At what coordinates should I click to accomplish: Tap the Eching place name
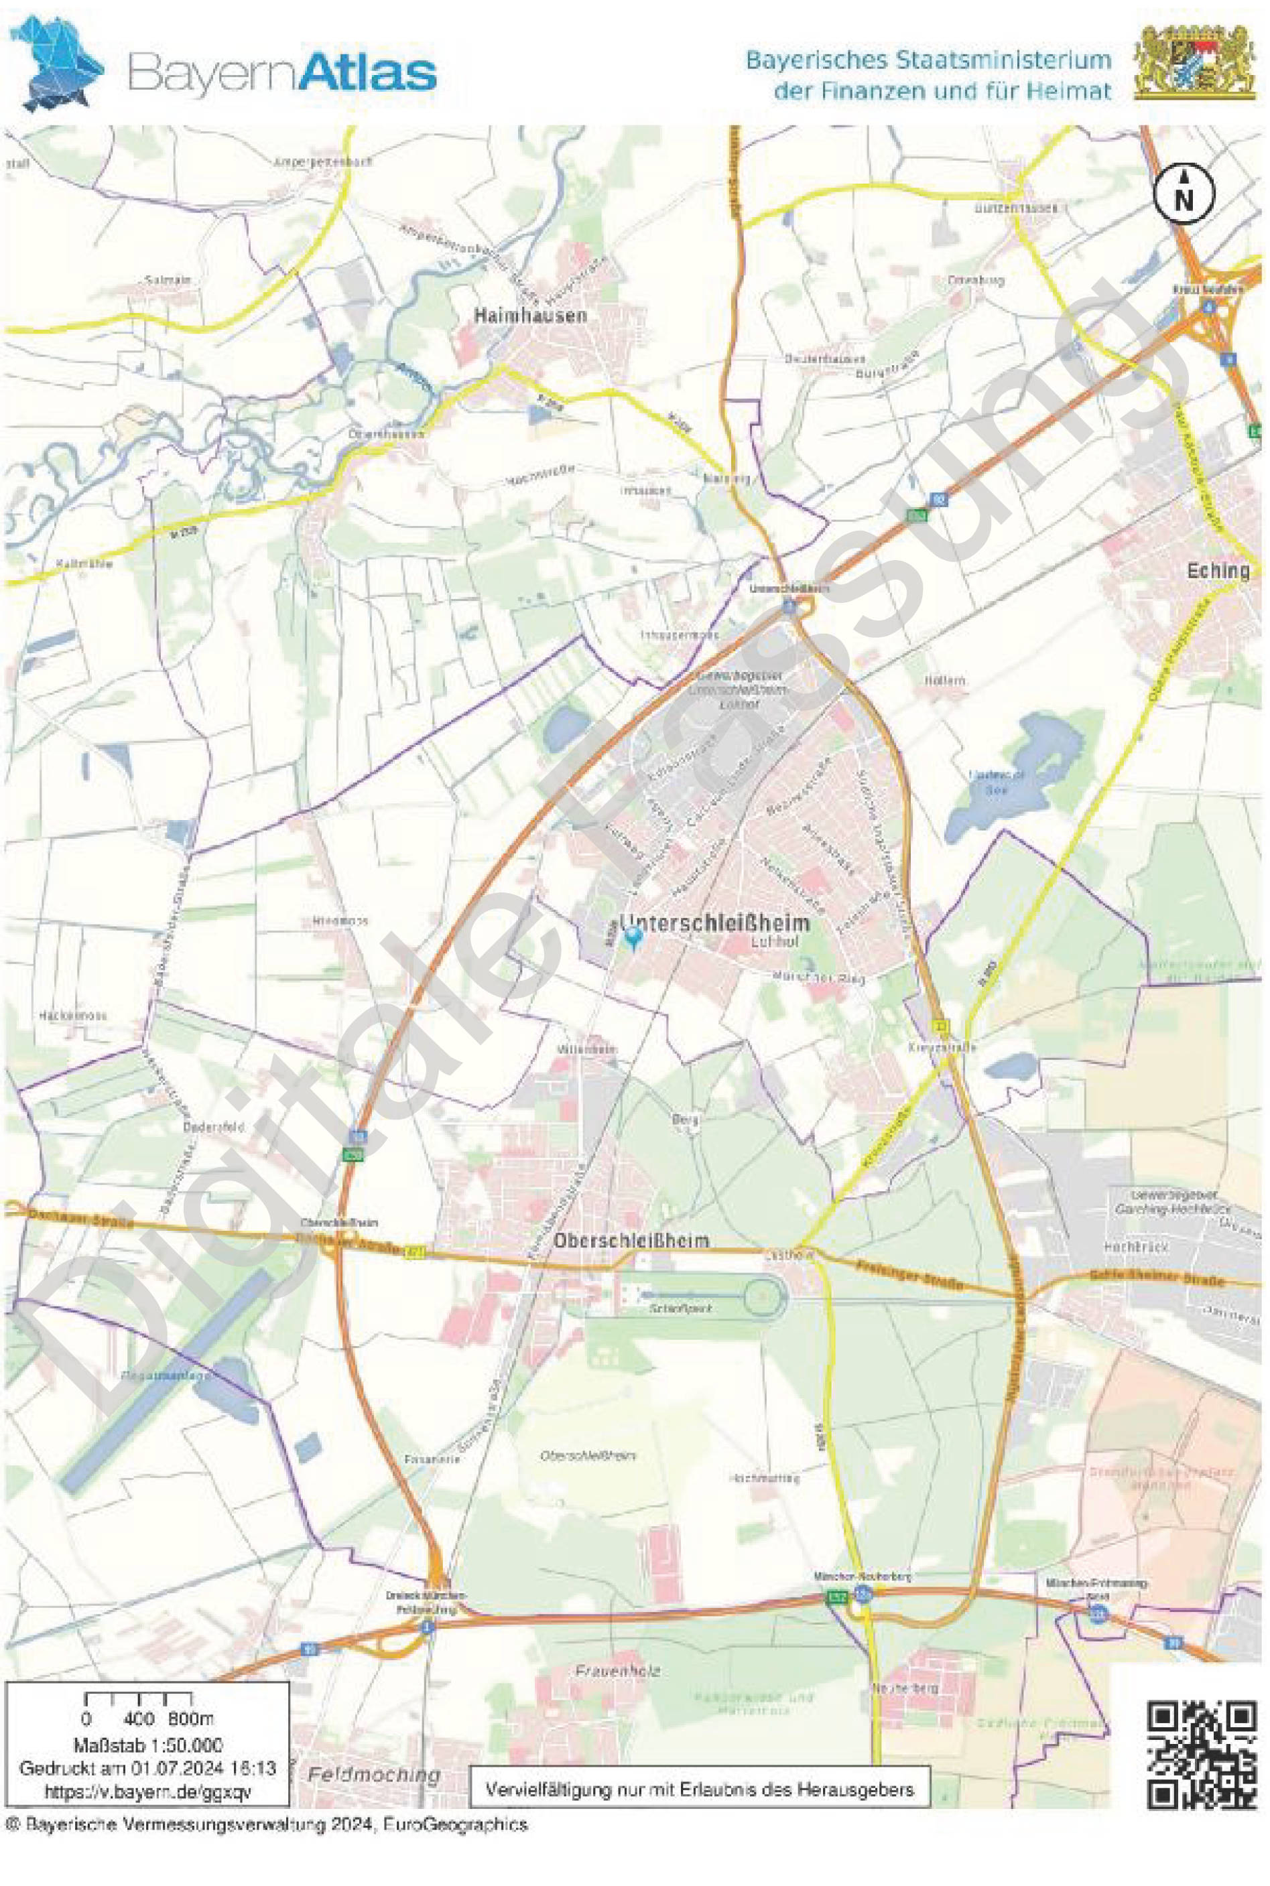point(1217,570)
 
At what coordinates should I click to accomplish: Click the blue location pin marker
point(633,937)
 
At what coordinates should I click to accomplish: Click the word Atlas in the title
point(369,73)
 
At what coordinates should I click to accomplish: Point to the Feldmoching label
point(374,1774)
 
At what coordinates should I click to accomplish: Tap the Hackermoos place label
point(73,1014)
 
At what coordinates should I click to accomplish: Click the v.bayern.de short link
point(148,1792)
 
